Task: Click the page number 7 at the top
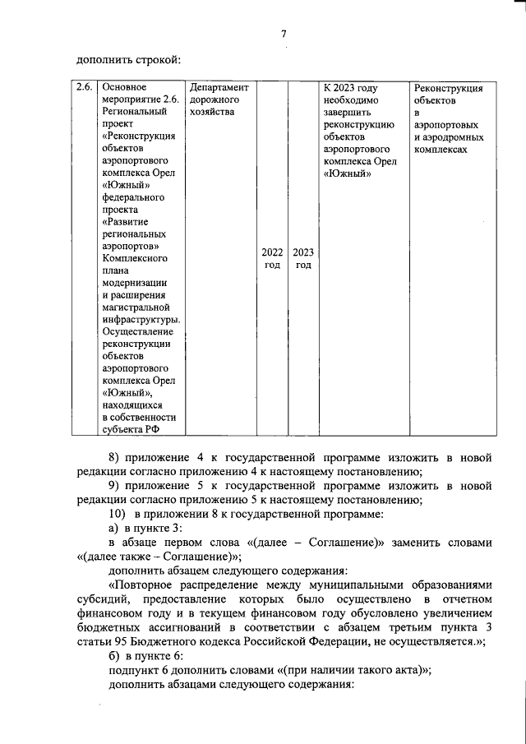click(284, 34)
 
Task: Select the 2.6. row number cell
click(84, 87)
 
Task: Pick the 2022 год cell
click(272, 258)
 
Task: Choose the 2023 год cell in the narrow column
click(302, 258)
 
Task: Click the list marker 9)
click(115, 486)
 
